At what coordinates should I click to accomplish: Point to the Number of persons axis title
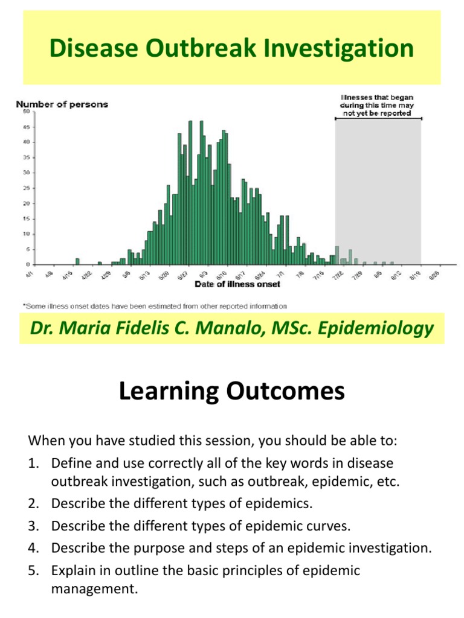(62, 104)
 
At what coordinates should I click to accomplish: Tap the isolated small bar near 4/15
(77, 261)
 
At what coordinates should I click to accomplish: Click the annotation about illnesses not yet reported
(377, 104)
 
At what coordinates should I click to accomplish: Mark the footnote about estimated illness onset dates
(154, 305)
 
